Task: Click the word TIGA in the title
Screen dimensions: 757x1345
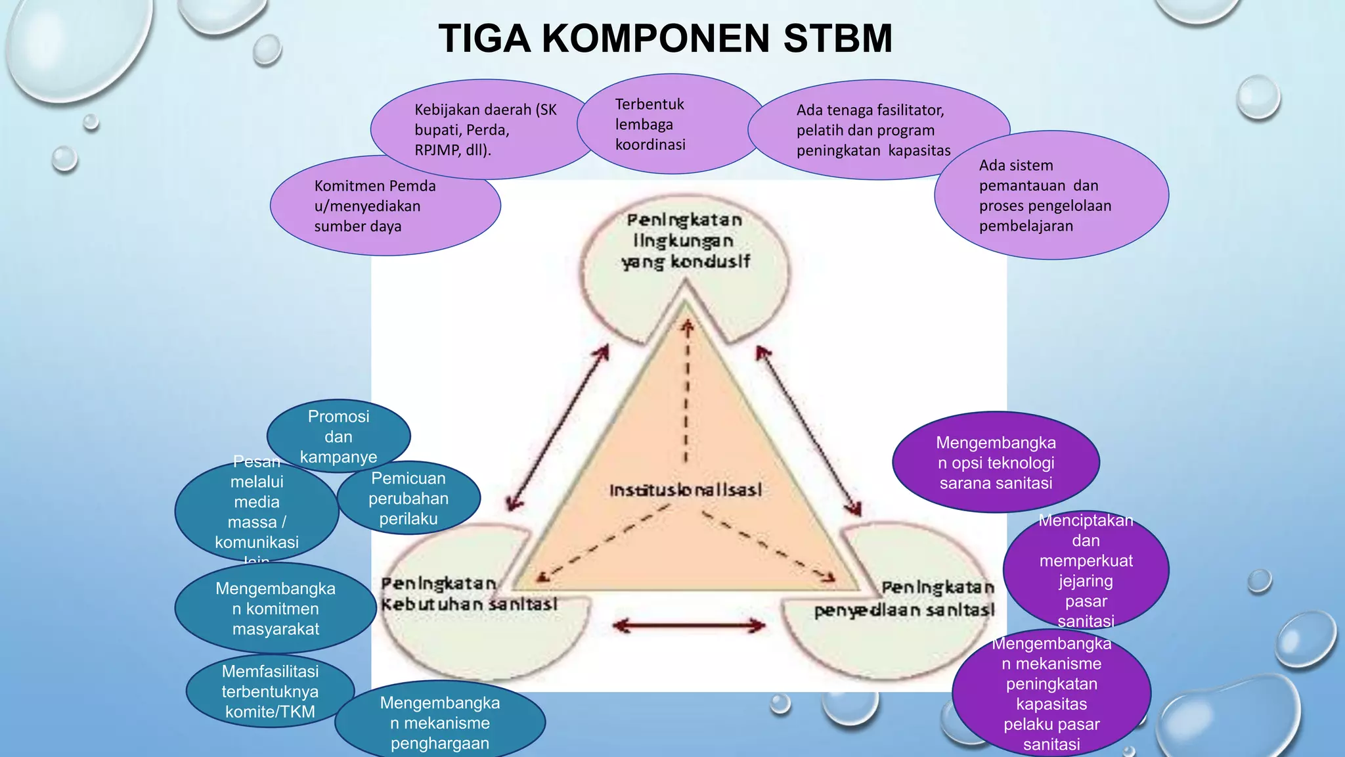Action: [x=485, y=38]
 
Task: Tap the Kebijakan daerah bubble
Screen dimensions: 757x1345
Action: [x=485, y=129]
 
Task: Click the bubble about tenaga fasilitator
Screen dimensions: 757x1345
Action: [x=873, y=130]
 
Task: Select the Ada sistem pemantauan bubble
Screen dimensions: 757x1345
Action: [x=1051, y=196]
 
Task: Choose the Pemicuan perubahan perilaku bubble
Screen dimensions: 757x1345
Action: [x=408, y=498]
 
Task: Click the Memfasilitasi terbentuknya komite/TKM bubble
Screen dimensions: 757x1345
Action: [x=270, y=691]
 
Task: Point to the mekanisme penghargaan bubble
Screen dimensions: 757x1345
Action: [x=440, y=723]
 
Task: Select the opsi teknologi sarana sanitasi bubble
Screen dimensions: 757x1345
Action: [x=996, y=463]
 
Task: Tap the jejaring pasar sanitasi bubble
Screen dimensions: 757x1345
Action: [x=1086, y=570]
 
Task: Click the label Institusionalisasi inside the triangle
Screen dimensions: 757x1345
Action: [x=685, y=490]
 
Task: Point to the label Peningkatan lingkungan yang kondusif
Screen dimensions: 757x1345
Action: [x=685, y=241]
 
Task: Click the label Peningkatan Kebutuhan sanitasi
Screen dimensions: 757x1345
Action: [x=469, y=594]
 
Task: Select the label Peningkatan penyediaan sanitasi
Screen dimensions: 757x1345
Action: [x=905, y=599]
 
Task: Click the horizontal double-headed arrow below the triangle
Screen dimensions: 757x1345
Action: [x=689, y=625]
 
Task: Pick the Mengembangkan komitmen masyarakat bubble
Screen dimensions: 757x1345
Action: [x=275, y=608]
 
